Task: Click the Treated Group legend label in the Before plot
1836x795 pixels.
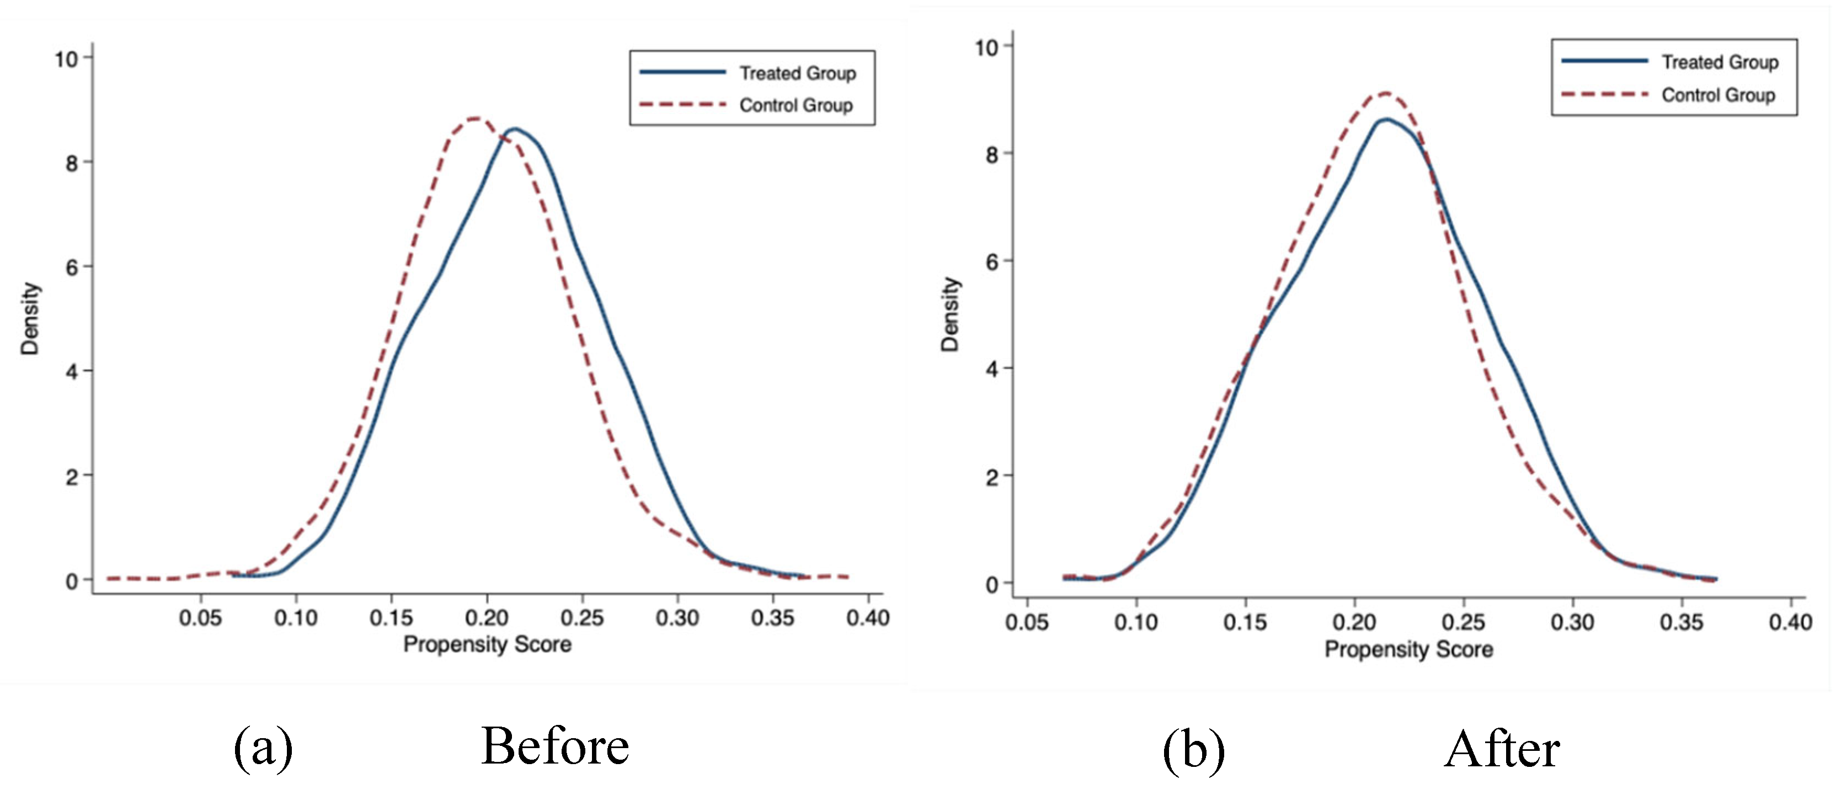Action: [x=797, y=73]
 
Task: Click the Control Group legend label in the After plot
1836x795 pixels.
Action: [x=1718, y=95]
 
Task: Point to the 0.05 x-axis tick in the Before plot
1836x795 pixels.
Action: [x=200, y=617]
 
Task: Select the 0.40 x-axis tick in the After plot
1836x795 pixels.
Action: [x=1790, y=622]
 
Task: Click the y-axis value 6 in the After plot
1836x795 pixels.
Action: [x=991, y=262]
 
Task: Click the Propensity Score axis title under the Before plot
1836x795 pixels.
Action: [x=487, y=644]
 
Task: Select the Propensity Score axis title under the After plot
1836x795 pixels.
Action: [x=1408, y=649]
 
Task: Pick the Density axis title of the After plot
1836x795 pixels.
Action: [x=950, y=314]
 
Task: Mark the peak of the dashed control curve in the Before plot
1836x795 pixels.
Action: [x=476, y=119]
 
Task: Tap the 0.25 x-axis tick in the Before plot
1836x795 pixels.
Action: [x=583, y=617]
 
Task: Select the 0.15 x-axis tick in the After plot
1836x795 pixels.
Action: [x=1245, y=622]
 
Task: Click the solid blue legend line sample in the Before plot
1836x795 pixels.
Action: [x=682, y=72]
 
